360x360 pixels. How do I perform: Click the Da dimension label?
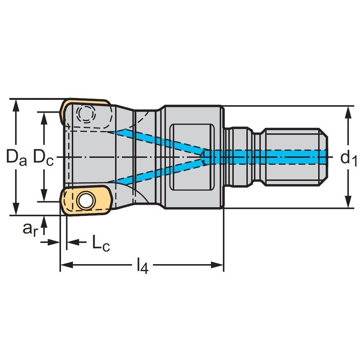click(17, 157)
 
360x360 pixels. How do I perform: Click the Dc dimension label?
click(44, 157)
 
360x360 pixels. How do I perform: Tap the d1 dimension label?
click(348, 157)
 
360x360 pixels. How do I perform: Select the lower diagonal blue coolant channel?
click(157, 173)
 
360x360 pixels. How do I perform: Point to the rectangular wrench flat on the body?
click(193, 157)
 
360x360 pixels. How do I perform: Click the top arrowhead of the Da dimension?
click(17, 103)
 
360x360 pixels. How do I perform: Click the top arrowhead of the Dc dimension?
click(44, 116)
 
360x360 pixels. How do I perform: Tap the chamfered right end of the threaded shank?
click(325, 157)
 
